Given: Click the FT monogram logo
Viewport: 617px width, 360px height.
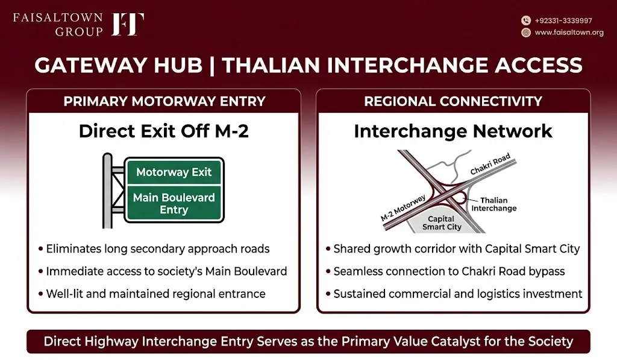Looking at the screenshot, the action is [128, 24].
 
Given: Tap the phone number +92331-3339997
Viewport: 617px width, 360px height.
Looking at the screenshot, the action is [563, 21].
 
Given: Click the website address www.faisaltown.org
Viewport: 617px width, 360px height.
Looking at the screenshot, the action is [569, 33].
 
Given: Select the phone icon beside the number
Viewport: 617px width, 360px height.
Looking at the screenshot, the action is [526, 21].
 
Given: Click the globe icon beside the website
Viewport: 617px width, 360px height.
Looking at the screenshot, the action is [526, 33].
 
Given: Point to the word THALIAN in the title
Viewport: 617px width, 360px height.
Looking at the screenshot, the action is [271, 65].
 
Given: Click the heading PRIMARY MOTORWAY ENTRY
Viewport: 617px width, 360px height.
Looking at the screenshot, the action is [164, 101].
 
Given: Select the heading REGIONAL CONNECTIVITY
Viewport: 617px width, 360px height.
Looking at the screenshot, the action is [453, 101].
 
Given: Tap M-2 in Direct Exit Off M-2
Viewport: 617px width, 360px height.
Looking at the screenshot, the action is [232, 131].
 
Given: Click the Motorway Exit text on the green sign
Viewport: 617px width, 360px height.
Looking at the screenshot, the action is [174, 172].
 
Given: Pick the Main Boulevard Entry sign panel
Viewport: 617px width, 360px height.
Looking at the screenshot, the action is [174, 203].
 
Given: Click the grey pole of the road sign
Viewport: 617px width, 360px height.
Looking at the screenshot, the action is [107, 191].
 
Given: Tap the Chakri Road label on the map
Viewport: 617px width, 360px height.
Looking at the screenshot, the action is [490, 164].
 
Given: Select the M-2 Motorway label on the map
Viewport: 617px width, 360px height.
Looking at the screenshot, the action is [403, 207].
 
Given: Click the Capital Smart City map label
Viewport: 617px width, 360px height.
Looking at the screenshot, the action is [442, 223].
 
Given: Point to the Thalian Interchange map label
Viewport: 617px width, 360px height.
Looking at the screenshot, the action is [494, 204].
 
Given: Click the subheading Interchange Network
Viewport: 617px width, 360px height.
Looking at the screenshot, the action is [453, 131].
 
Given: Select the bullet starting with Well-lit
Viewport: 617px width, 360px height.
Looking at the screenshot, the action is [152, 294].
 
